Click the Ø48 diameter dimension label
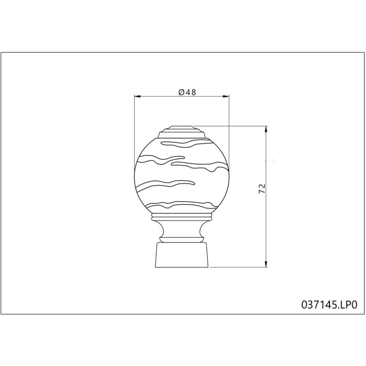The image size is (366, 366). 187,92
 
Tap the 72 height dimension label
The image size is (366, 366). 262,189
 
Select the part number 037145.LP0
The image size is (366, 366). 329,305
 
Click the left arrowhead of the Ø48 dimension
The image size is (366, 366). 137,96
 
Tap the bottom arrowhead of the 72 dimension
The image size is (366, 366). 266,264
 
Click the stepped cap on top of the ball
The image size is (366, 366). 182,132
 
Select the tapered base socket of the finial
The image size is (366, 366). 182,255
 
